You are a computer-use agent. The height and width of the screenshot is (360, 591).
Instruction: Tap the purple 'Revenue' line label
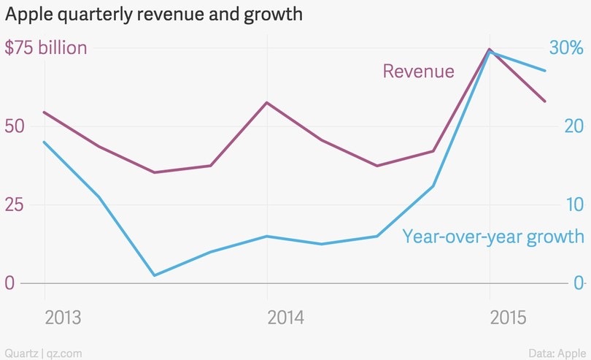(x=418, y=71)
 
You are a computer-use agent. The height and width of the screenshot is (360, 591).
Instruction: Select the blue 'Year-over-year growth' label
(x=493, y=237)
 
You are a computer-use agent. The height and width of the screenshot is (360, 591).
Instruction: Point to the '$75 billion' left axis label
(x=46, y=48)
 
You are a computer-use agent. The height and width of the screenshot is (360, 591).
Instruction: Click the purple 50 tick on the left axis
(x=15, y=126)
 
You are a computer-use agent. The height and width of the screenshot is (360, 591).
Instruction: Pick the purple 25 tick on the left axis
(x=15, y=204)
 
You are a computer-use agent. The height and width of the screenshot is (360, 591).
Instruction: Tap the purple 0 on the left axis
(x=9, y=283)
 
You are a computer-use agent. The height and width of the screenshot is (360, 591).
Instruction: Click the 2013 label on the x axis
(x=63, y=318)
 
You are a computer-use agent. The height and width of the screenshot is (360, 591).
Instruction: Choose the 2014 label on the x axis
(x=286, y=318)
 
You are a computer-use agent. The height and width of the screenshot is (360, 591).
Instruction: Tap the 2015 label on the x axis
(x=509, y=318)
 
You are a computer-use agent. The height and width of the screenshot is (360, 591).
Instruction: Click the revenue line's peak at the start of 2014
(x=267, y=103)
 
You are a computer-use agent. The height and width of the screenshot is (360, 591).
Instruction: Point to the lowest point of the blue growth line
(x=155, y=275)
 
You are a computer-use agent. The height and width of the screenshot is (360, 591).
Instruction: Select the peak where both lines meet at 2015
(x=490, y=50)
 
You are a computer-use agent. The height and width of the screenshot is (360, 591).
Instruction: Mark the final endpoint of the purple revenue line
(x=545, y=102)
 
